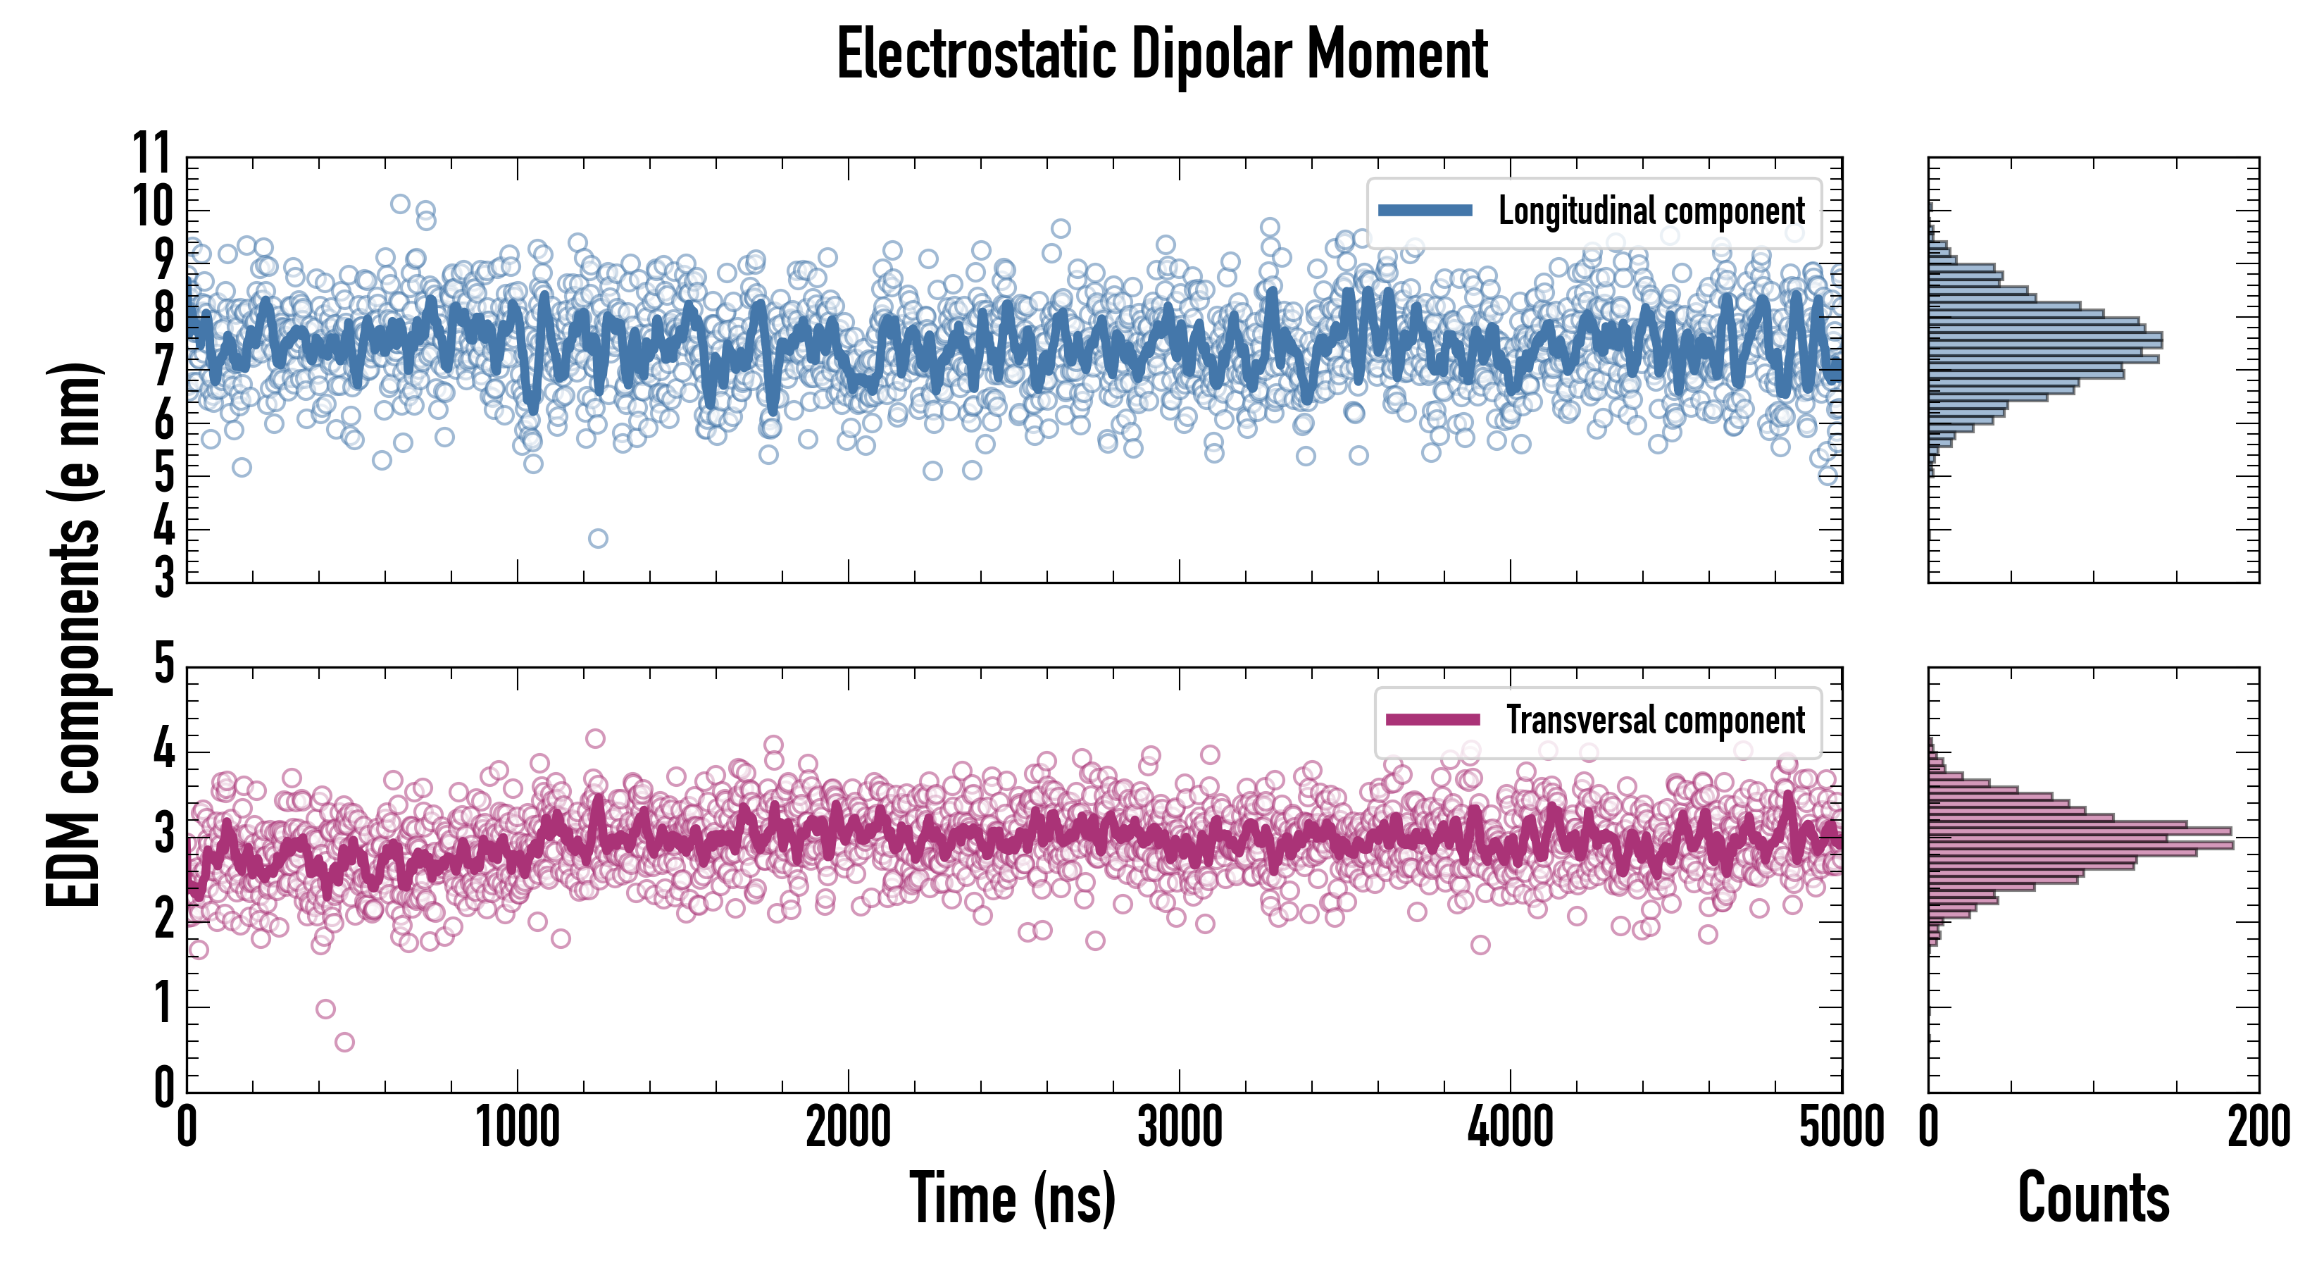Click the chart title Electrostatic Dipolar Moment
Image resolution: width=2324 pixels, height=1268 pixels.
(1162, 54)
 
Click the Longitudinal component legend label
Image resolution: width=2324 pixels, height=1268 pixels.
(1651, 211)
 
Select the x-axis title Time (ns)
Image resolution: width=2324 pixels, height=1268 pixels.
(1012, 1198)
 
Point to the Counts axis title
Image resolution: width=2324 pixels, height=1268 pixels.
(2093, 1198)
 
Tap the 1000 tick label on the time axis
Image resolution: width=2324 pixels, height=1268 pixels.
(517, 1128)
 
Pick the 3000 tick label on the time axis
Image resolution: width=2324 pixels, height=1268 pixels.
(1179, 1128)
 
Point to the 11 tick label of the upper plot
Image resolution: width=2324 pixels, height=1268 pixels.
(151, 154)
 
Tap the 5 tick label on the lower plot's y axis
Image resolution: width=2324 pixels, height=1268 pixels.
(163, 666)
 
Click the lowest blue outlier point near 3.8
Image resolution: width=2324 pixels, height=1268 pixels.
(597, 539)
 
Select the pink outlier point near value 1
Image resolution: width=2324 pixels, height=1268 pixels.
(325, 1009)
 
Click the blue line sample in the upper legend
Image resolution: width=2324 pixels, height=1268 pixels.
(1425, 211)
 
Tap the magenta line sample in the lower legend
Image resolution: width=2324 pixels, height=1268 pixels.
(1432, 720)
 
